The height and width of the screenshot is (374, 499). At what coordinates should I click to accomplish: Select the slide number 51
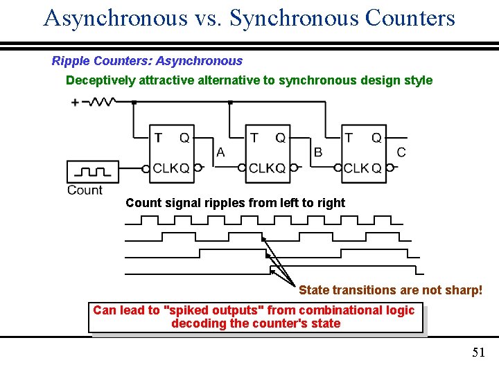click(x=478, y=353)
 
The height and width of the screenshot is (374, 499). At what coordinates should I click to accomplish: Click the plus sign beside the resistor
click(x=75, y=103)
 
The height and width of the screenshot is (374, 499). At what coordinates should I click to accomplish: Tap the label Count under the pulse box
click(x=85, y=190)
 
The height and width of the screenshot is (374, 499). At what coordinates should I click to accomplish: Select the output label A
click(x=220, y=152)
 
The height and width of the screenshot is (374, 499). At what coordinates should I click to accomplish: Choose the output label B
click(x=317, y=152)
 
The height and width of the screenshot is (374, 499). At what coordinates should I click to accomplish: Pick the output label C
click(x=401, y=152)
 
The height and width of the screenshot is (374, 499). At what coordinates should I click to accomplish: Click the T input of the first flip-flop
click(x=158, y=138)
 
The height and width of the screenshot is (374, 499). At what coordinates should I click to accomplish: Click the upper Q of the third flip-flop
click(x=376, y=138)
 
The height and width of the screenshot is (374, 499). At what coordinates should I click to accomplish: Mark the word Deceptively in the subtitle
click(x=100, y=80)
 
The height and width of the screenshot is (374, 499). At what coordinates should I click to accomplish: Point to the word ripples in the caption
click(x=213, y=203)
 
